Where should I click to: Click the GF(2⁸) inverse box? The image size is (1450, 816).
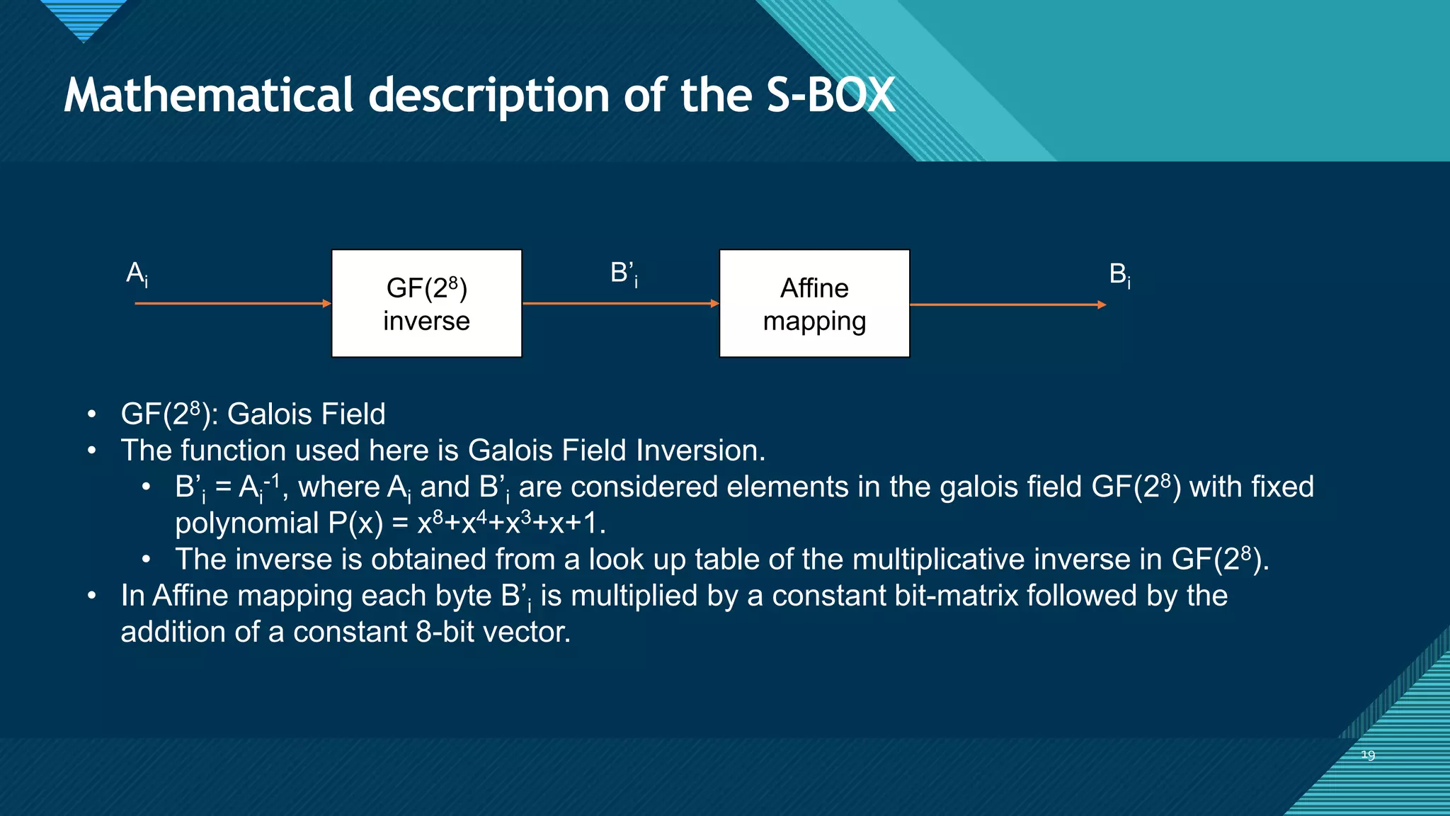pos(426,303)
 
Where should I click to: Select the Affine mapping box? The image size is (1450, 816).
pos(814,303)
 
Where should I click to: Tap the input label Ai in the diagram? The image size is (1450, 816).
pos(137,274)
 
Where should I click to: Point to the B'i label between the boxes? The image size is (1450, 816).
pos(624,273)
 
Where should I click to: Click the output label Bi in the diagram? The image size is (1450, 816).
pos(1119,274)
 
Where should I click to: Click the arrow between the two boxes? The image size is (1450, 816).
pos(620,303)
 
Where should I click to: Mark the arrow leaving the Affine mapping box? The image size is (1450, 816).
pos(1007,305)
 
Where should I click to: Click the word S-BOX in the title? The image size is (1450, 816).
pos(831,95)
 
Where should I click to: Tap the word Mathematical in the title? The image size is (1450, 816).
pos(208,95)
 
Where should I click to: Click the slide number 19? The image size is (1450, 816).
pos(1368,755)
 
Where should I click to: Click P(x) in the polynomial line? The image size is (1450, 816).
pos(355,523)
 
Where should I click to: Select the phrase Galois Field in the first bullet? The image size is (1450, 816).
pos(306,414)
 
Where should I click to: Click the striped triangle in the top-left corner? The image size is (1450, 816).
pos(84,18)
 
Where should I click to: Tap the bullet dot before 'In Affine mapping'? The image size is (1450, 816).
pos(91,596)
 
